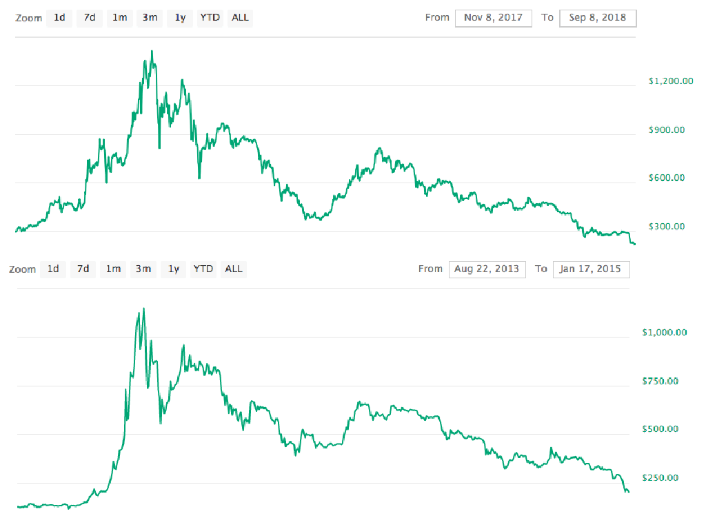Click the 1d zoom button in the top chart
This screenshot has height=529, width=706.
[x=60, y=18]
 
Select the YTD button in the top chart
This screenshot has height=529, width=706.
[x=210, y=18]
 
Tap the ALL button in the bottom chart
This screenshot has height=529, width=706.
[x=234, y=269]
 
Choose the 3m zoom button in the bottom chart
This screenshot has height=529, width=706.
[x=143, y=269]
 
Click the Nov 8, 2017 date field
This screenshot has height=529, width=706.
[x=493, y=18]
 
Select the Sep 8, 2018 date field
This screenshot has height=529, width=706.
[x=598, y=18]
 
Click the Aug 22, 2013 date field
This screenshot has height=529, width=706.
[x=487, y=269]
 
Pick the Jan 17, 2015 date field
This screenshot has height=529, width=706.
[x=591, y=269]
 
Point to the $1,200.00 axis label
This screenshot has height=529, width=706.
[x=671, y=81]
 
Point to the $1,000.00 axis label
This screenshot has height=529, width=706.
[x=665, y=332]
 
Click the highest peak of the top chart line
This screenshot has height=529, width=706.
[x=152, y=51]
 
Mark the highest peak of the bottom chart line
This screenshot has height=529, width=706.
[x=143, y=309]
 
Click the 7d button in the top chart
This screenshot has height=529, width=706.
[x=90, y=18]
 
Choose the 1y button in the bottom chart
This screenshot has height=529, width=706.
[x=173, y=269]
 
